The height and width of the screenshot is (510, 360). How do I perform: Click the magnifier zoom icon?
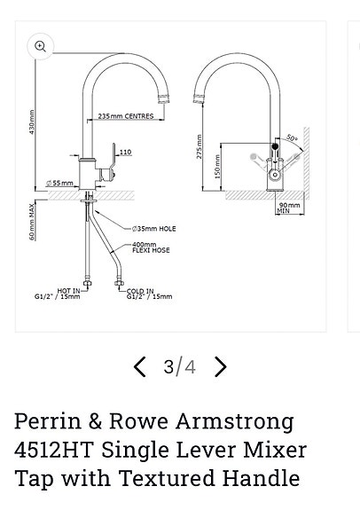[x=41, y=47]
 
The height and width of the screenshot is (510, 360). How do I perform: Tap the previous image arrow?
[x=140, y=366]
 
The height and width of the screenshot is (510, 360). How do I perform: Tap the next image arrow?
[x=221, y=366]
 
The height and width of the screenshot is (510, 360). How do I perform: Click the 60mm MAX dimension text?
[x=33, y=222]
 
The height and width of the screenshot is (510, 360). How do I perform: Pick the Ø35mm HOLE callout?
[x=153, y=229]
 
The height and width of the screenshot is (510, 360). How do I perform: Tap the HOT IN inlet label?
[x=69, y=291]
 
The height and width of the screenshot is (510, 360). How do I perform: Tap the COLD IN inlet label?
[x=140, y=291]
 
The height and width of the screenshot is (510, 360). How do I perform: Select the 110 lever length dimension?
[x=125, y=153]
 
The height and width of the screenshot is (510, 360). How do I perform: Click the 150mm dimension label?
[x=217, y=166]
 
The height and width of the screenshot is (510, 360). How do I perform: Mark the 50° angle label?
[x=293, y=138]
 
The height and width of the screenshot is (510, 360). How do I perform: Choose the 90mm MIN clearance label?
[x=290, y=208]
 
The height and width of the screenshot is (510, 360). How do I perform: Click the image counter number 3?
[x=168, y=366]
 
